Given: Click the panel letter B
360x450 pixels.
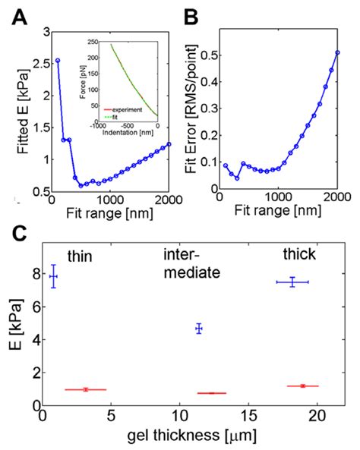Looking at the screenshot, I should tap(191, 14).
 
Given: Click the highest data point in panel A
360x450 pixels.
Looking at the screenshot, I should tap(58, 60).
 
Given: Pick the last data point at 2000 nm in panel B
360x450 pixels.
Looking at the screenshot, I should tap(337, 53).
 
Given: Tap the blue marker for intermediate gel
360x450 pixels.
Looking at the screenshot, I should tap(199, 329).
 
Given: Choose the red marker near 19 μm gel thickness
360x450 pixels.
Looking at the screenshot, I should tap(302, 386).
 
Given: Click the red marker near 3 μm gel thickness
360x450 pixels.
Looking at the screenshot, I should tap(86, 389).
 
